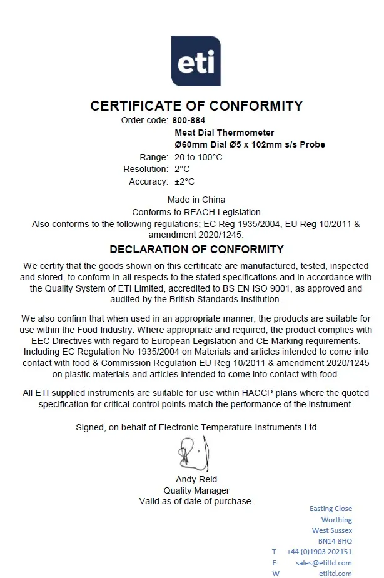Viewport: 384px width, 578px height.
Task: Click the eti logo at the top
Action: click(196, 61)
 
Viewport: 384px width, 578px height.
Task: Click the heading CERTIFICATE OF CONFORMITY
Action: click(196, 106)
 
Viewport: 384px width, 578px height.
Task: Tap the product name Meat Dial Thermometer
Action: click(224, 133)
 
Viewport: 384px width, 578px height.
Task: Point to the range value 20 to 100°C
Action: click(198, 157)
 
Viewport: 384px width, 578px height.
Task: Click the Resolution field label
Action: click(146, 169)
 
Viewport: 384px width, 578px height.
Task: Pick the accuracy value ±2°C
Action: click(184, 181)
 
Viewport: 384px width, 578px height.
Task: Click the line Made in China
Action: click(196, 200)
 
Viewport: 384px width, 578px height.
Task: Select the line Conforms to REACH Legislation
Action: click(196, 212)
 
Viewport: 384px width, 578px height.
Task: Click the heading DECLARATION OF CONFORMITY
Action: click(196, 250)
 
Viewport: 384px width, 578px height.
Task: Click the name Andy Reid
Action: click(196, 479)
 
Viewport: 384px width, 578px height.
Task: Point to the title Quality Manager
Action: click(196, 490)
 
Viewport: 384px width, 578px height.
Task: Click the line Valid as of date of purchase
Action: click(196, 501)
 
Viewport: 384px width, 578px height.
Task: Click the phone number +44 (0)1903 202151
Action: click(319, 552)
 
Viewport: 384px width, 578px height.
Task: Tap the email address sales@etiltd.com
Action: click(324, 562)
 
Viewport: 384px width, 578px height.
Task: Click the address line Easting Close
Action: click(331, 509)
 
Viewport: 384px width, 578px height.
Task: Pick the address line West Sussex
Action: click(332, 530)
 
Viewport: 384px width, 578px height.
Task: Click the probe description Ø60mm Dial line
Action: click(250, 144)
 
